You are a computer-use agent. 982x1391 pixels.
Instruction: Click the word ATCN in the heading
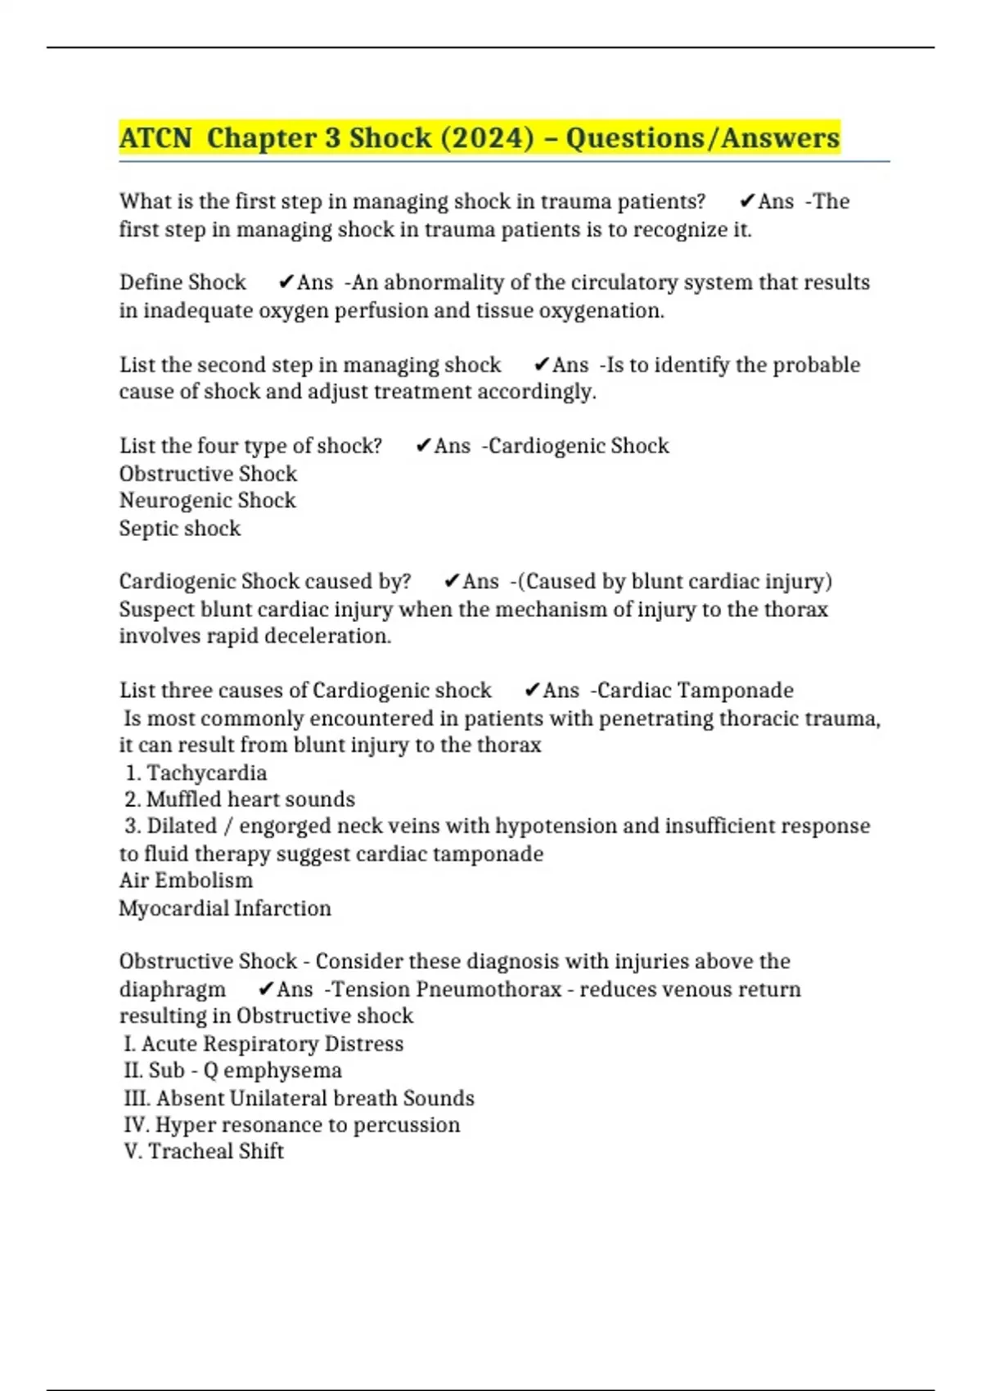(x=155, y=137)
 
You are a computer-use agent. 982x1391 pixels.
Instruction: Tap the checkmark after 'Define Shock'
(x=286, y=282)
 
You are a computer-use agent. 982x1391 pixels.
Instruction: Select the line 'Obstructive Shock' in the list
(x=208, y=474)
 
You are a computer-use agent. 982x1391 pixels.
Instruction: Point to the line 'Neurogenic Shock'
(x=207, y=500)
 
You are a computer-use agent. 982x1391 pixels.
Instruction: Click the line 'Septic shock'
(x=180, y=528)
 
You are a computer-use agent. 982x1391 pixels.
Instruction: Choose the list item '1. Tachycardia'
(x=196, y=772)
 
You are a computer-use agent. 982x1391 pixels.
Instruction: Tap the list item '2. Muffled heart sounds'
(x=240, y=799)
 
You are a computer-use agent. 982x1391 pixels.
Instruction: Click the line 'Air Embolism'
(x=186, y=880)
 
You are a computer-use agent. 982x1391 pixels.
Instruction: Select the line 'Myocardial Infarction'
(x=225, y=908)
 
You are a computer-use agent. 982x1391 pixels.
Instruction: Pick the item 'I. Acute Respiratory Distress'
(x=264, y=1043)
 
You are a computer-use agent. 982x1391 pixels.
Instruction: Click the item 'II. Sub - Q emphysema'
(x=232, y=1070)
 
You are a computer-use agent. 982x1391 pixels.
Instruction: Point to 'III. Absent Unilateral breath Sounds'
(x=299, y=1097)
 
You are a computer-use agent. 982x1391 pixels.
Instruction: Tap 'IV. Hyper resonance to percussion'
(x=291, y=1124)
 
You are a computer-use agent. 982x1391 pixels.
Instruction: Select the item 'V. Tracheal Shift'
(x=204, y=1150)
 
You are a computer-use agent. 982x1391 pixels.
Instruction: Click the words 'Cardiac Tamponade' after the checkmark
(x=695, y=690)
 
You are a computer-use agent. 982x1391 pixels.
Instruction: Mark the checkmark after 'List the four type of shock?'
(x=423, y=446)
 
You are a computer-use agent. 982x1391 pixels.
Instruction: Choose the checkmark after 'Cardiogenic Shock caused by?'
(x=452, y=581)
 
